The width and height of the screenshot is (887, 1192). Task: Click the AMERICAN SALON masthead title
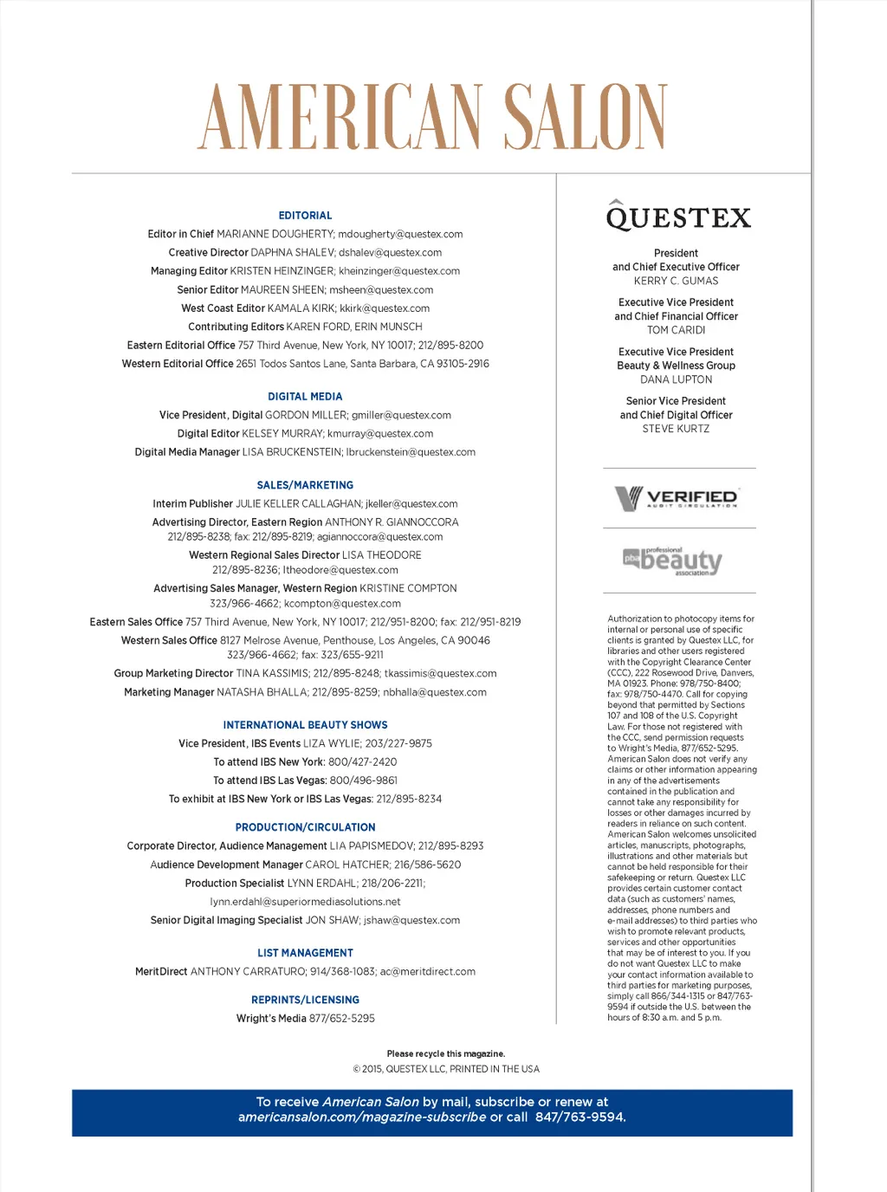coord(432,118)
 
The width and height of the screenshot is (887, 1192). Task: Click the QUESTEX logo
coord(678,217)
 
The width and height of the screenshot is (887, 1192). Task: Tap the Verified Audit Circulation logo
coord(677,498)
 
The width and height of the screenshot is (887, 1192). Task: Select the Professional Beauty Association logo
coord(672,561)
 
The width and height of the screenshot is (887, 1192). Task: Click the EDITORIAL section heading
coord(305,216)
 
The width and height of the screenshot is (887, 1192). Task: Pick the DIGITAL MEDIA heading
coord(305,397)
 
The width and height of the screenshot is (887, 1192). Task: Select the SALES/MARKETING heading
coord(305,485)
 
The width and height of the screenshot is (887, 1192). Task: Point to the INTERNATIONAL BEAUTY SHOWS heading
coord(305,725)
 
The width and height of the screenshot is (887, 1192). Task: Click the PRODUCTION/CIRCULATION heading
coord(305,827)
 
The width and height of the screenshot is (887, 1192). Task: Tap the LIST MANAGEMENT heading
coord(305,953)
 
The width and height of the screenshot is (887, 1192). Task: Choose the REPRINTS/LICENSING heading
coord(305,1000)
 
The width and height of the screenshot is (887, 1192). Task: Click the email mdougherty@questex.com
coord(400,234)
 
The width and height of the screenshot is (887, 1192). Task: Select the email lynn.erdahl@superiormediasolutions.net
coord(305,902)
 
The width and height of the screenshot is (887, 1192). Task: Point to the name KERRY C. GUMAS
coord(676,281)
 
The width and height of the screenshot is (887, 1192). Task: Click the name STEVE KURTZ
coord(676,429)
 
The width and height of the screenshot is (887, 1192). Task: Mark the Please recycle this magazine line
coord(445,1054)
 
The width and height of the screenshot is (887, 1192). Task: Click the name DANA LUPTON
coord(676,379)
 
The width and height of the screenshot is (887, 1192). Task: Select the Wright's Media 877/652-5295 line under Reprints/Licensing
coord(305,1019)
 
